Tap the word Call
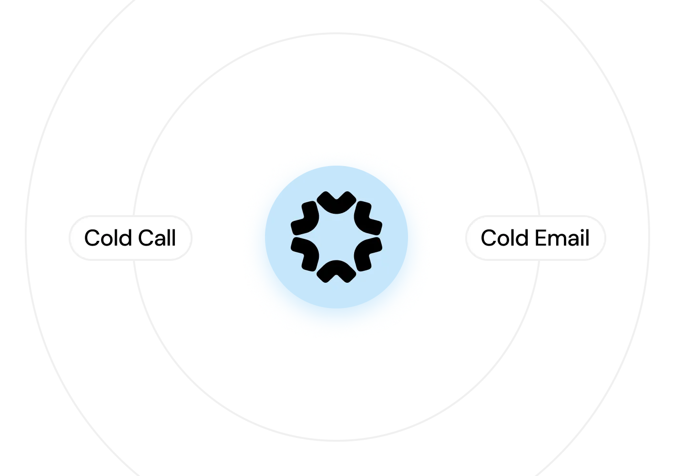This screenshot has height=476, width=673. pos(157,238)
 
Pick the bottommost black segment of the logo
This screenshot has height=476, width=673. pos(336,271)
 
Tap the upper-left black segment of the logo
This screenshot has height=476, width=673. pos(306,219)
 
